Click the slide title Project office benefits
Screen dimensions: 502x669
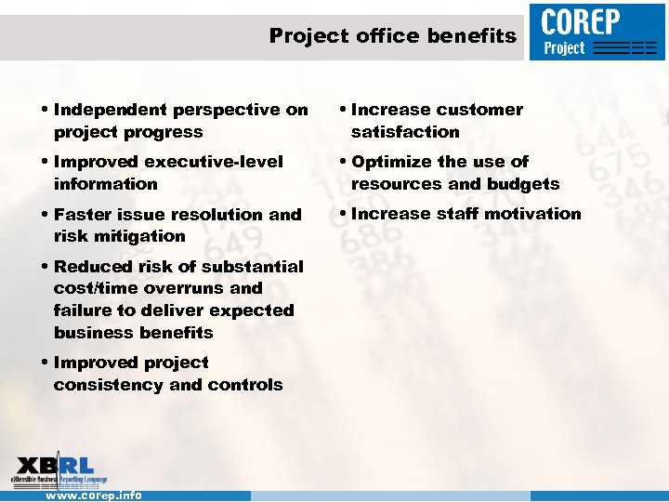(392, 36)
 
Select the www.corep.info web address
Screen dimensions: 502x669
(94, 495)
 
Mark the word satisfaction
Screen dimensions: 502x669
(405, 132)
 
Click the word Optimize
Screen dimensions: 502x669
(390, 162)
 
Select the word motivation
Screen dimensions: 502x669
(533, 214)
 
